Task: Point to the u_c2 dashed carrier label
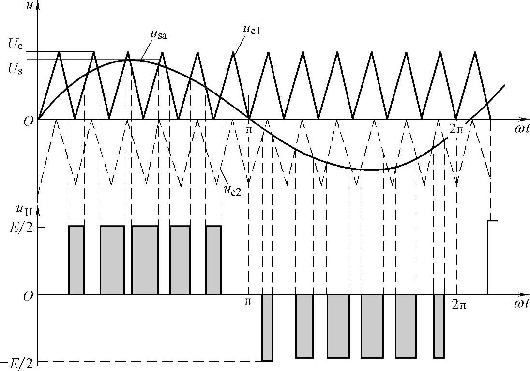tap(233, 188)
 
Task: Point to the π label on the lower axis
tap(248, 301)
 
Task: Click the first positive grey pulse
tap(76, 260)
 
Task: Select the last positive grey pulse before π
tap(213, 260)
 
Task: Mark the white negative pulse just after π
tap(267, 327)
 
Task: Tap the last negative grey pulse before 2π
tap(439, 326)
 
